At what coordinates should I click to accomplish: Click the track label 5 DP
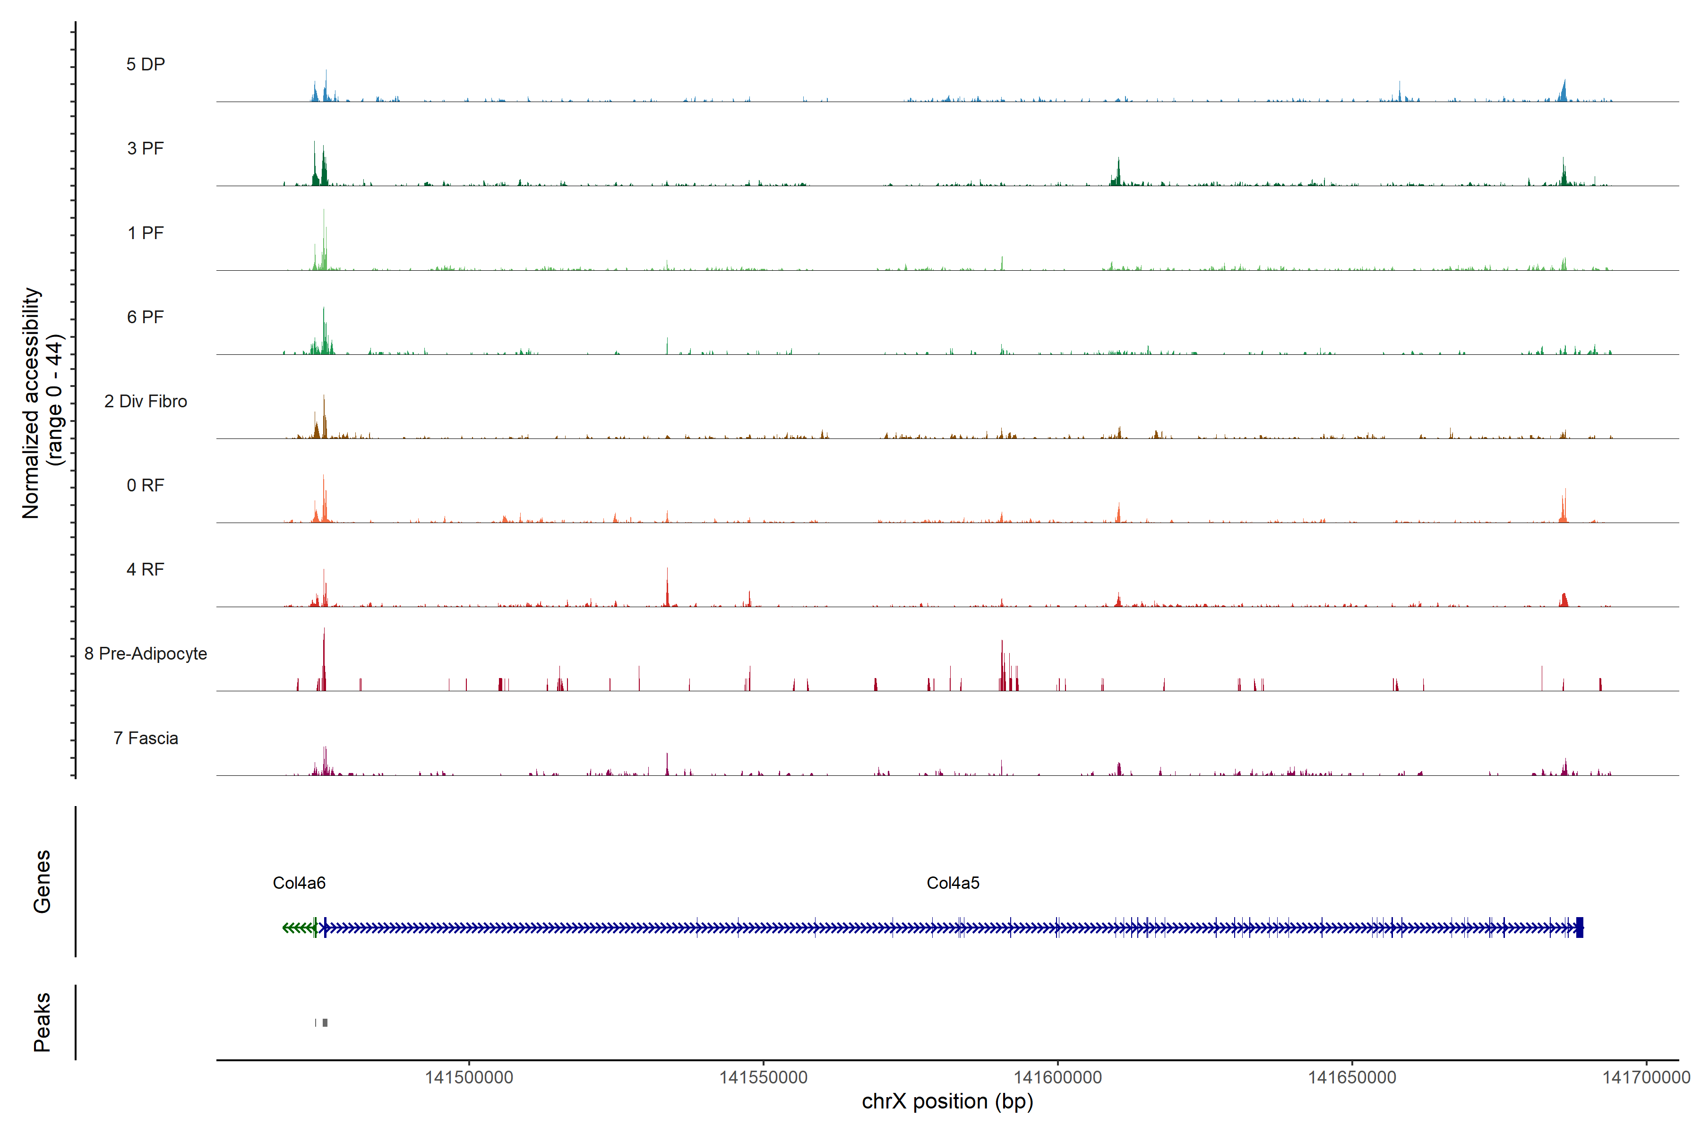coord(146,64)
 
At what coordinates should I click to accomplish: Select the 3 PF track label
coord(146,148)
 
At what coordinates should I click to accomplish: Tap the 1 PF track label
coord(146,233)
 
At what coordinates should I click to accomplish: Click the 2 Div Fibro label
coord(146,401)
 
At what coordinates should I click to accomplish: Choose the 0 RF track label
coord(146,485)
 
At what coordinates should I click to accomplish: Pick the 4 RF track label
coord(146,569)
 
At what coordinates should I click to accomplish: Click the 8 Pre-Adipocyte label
coord(146,654)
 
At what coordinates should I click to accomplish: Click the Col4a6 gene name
coord(299,883)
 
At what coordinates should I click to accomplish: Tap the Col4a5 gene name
coord(953,883)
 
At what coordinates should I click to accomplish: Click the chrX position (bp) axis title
coord(947,1101)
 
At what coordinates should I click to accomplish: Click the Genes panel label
coord(42,882)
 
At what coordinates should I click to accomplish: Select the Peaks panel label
coord(42,1022)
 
